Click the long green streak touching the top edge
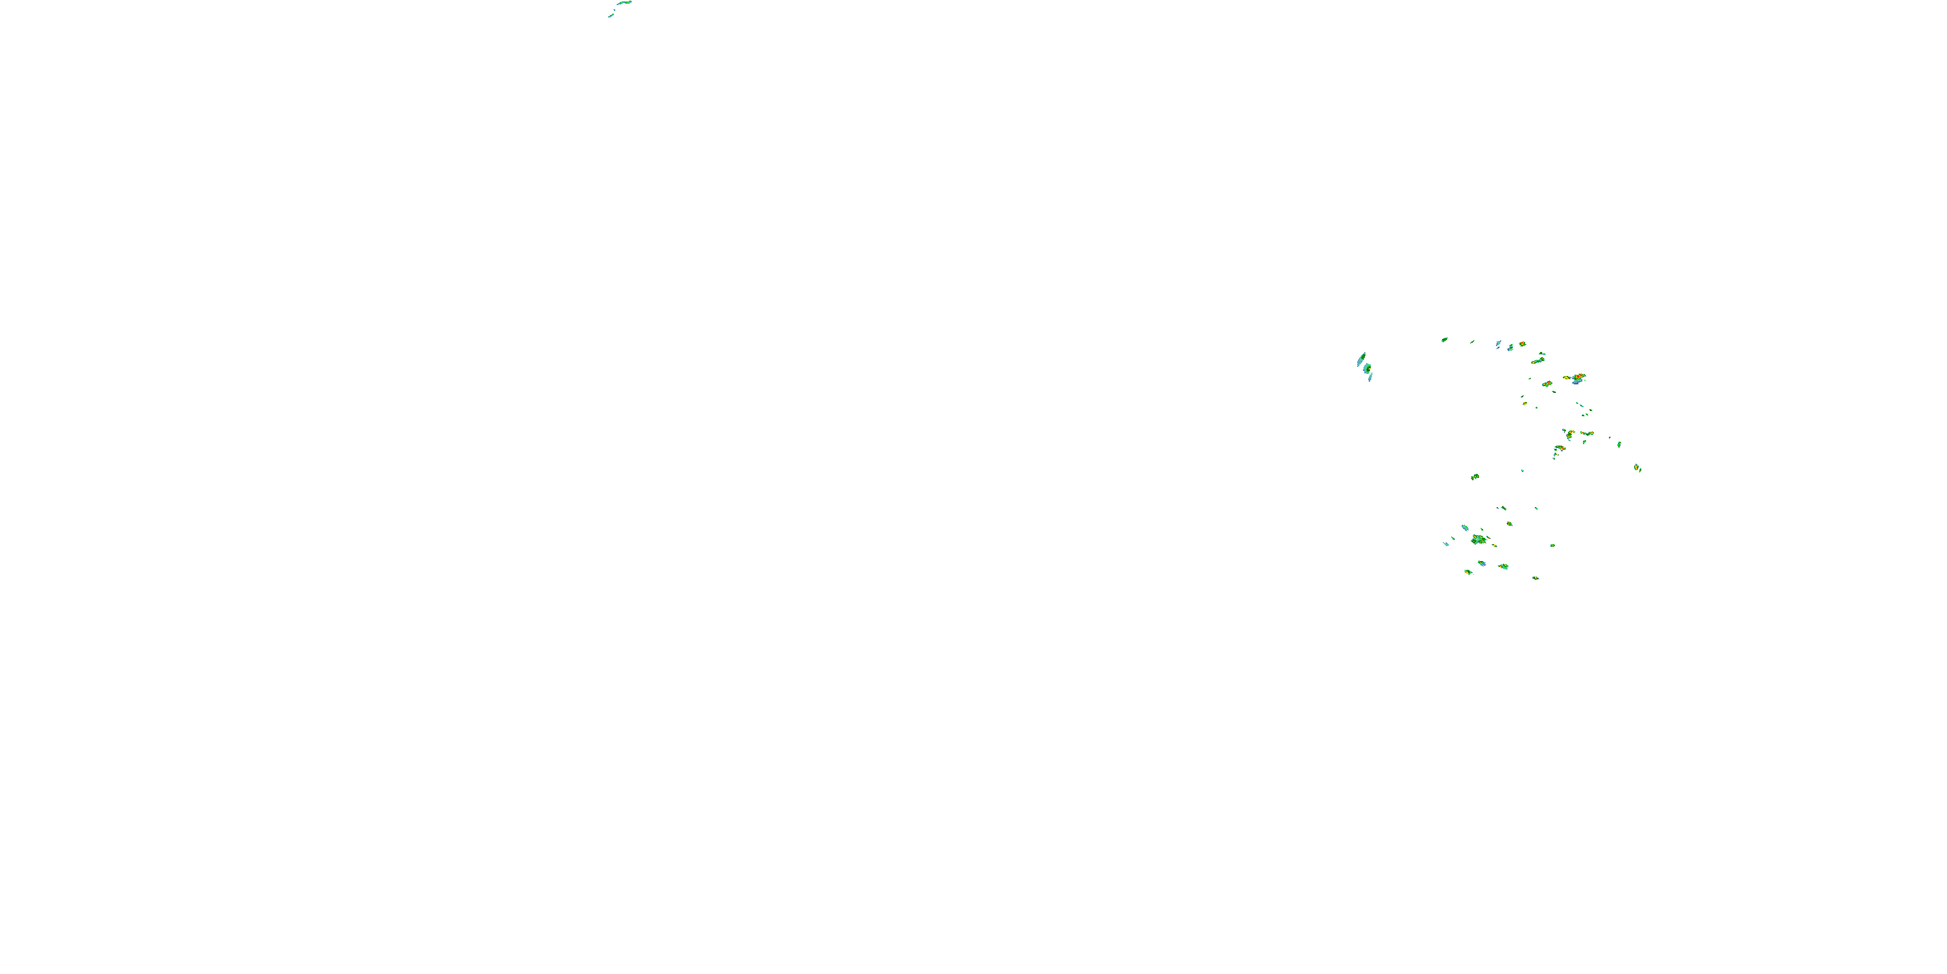click(623, 3)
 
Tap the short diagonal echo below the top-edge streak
click(611, 15)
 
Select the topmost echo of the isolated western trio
click(1361, 359)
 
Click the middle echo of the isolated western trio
click(1367, 368)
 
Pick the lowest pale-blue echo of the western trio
click(1369, 377)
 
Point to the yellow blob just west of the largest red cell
click(1567, 377)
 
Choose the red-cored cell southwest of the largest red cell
click(1547, 384)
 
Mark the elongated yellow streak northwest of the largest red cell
click(1537, 361)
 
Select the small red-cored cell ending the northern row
click(1522, 344)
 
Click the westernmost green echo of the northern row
click(1445, 340)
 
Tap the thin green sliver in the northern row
click(1473, 342)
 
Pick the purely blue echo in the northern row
click(1498, 344)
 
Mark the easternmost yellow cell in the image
click(1637, 468)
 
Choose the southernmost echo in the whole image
click(1535, 578)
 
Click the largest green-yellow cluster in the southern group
click(1478, 540)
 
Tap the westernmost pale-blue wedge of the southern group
click(1447, 543)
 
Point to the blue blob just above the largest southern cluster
click(1465, 528)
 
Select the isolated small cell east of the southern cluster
click(1552, 545)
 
